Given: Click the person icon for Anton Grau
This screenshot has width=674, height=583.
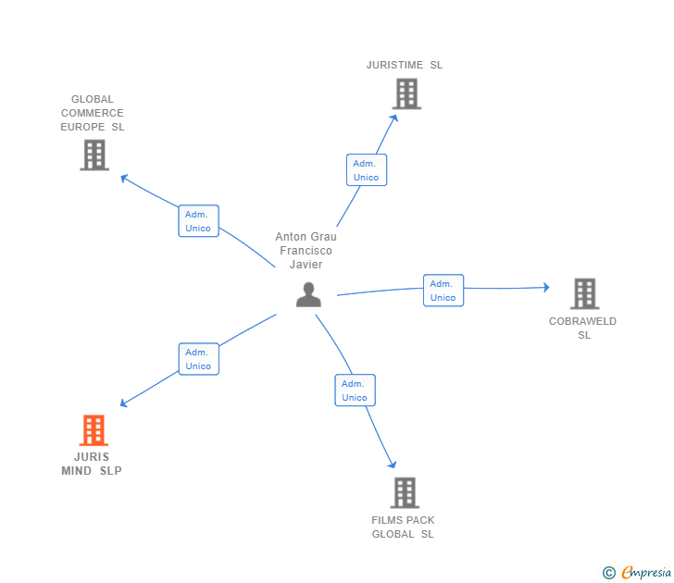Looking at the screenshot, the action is click(x=308, y=295).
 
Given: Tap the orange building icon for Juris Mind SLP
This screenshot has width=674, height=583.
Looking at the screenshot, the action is click(x=94, y=430).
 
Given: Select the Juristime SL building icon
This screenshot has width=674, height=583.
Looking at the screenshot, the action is click(x=406, y=94).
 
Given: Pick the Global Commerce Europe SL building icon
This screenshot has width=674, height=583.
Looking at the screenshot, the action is click(x=94, y=155).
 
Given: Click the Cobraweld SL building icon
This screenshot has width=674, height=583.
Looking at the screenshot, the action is click(x=584, y=293).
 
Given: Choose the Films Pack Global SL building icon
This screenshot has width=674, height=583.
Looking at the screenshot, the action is click(x=405, y=493).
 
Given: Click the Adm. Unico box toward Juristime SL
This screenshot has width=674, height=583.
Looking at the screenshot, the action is click(x=367, y=170).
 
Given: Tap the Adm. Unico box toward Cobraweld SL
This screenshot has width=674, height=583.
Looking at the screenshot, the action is click(x=443, y=291).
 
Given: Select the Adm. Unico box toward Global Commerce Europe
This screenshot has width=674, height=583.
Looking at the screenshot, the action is click(x=198, y=221).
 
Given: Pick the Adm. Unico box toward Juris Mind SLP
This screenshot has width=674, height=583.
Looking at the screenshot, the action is click(x=198, y=359).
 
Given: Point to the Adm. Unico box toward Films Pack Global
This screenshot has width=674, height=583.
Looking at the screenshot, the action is click(x=355, y=391).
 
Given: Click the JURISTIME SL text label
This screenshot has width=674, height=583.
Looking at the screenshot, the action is click(x=405, y=65).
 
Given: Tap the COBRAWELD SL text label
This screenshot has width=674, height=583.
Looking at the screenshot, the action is click(x=583, y=329).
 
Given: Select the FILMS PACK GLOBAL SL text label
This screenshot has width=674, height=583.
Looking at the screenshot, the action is click(x=403, y=527).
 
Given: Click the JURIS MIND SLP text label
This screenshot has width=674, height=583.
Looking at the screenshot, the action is click(x=92, y=464).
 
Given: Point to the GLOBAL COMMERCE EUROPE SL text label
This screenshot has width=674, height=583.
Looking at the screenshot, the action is click(x=93, y=113).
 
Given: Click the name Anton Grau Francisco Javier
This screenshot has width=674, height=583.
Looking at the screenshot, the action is click(x=306, y=251).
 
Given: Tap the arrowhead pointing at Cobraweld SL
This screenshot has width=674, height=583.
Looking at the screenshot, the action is click(x=546, y=288).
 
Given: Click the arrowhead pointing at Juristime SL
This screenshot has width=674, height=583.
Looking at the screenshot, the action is click(x=394, y=117).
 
